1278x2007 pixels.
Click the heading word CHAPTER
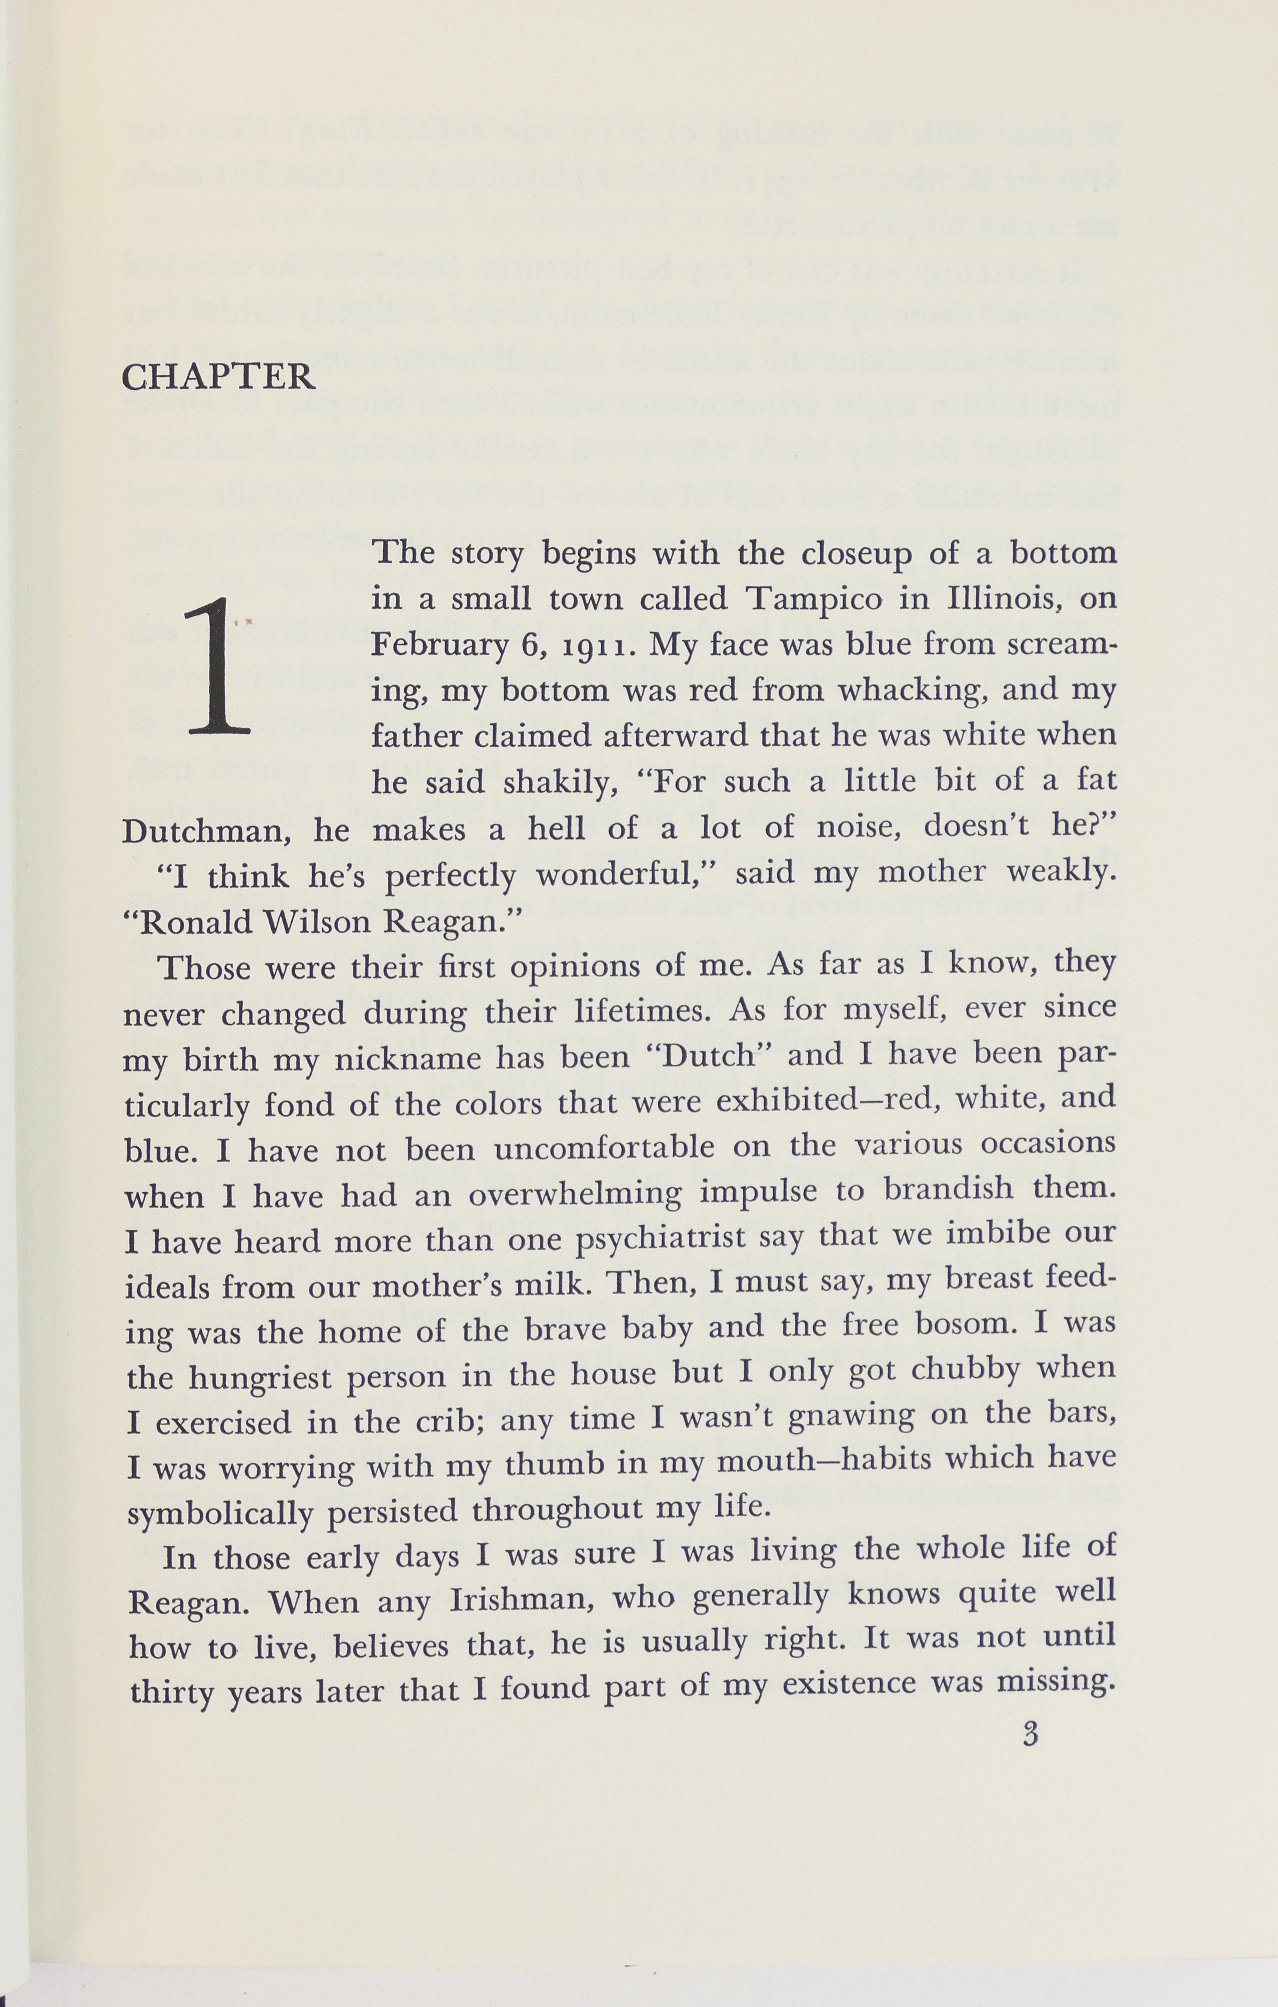[x=218, y=378]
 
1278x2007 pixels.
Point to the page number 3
[x=1030, y=1735]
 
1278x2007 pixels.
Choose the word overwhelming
[x=575, y=1195]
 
